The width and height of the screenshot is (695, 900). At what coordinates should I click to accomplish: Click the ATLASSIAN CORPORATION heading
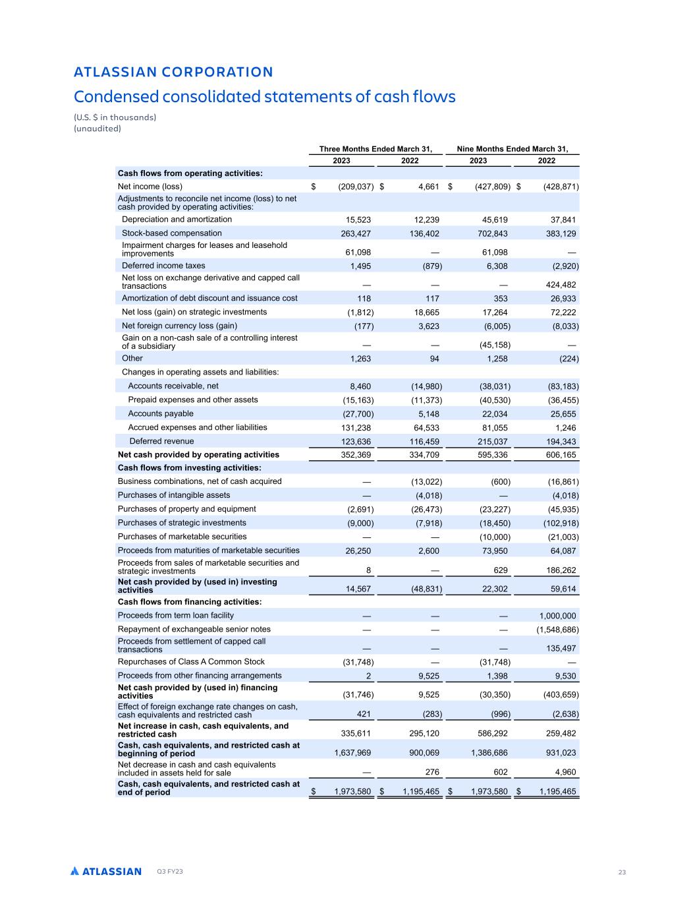point(173,72)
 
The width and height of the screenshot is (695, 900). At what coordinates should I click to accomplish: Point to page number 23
point(622,872)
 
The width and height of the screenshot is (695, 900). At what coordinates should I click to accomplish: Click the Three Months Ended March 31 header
point(375,149)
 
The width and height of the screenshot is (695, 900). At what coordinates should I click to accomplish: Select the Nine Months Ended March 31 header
point(513,149)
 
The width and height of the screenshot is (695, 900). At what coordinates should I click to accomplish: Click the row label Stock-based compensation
point(172,233)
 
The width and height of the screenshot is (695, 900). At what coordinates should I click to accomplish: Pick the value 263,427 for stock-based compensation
point(353,233)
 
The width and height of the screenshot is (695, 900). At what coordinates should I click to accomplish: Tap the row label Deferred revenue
point(161,441)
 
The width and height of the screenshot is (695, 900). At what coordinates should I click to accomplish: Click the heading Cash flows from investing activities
point(189,467)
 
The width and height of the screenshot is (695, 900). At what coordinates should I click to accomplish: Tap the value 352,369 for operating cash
point(353,455)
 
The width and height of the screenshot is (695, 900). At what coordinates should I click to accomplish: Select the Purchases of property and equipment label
point(186,509)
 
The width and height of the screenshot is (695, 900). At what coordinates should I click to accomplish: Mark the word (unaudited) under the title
point(97,129)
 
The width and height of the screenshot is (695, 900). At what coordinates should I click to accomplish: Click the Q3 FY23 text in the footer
point(170,872)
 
